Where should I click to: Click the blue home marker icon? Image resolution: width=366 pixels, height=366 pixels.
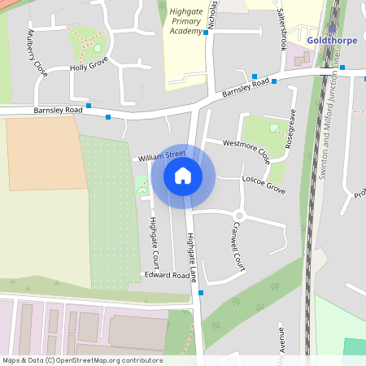coord(182,175)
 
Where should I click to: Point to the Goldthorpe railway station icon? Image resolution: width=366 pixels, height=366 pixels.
coord(332,28)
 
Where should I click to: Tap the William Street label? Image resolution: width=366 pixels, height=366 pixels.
coord(162,154)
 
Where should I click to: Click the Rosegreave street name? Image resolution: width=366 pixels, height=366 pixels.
coord(291,125)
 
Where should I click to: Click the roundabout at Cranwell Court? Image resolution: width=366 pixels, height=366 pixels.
coord(239,216)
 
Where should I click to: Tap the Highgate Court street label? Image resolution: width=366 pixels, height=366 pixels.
coord(153,243)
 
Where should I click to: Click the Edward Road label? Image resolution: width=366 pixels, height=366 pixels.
coord(167,275)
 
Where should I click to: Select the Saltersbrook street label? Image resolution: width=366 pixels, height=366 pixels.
coord(283,29)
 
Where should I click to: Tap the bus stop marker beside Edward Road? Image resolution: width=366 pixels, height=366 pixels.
coord(201,292)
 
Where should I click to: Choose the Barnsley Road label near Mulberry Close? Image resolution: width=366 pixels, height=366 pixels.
coord(59,109)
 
